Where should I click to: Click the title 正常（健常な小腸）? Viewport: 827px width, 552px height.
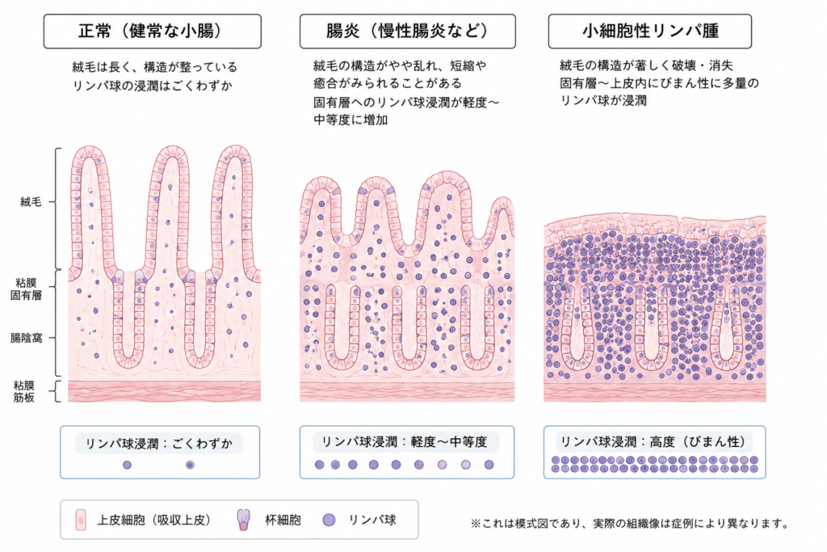[152, 32]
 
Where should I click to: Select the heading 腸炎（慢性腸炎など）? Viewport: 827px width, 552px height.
[407, 32]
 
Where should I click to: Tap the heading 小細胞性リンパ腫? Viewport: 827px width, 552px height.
[650, 32]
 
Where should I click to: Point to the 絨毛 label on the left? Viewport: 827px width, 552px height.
[31, 201]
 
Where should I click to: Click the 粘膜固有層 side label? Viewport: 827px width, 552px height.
[26, 289]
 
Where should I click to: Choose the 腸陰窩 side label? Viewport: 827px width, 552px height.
[26, 338]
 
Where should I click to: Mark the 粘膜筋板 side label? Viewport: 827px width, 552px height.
[24, 391]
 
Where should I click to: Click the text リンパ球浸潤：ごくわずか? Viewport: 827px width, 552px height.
[159, 443]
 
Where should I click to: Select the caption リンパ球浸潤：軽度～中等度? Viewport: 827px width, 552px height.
[404, 442]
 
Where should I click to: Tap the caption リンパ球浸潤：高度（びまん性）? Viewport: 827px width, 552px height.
[654, 442]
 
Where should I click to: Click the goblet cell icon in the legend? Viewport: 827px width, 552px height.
[243, 520]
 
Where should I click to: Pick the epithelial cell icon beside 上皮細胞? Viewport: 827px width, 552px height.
[81, 520]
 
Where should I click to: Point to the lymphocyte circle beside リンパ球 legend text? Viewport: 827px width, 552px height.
[330, 520]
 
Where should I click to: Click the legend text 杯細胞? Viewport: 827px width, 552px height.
[283, 520]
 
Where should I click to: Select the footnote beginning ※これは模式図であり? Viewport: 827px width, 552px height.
[630, 524]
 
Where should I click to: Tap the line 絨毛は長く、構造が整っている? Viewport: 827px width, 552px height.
[154, 68]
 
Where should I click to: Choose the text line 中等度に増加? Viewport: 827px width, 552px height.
[351, 120]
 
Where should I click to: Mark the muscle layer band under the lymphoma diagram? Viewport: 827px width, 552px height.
[654, 391]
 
